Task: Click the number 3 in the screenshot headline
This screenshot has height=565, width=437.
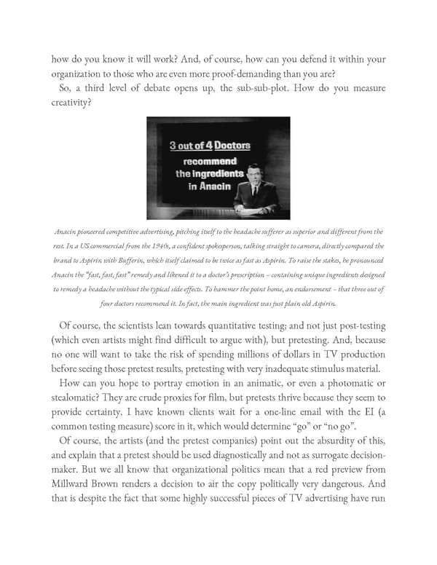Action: [x=173, y=146]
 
